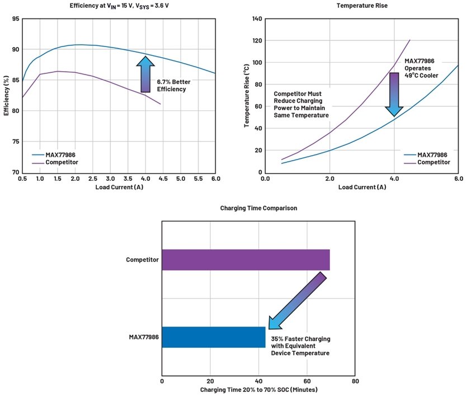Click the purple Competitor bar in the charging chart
246,260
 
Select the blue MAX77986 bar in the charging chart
214,337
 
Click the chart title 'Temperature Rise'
361,6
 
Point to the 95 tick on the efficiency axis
15,19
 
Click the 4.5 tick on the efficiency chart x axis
162,178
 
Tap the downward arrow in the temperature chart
395,94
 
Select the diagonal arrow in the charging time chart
297,301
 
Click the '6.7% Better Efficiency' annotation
173,85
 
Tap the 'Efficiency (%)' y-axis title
6,95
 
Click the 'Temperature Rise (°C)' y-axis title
247,95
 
